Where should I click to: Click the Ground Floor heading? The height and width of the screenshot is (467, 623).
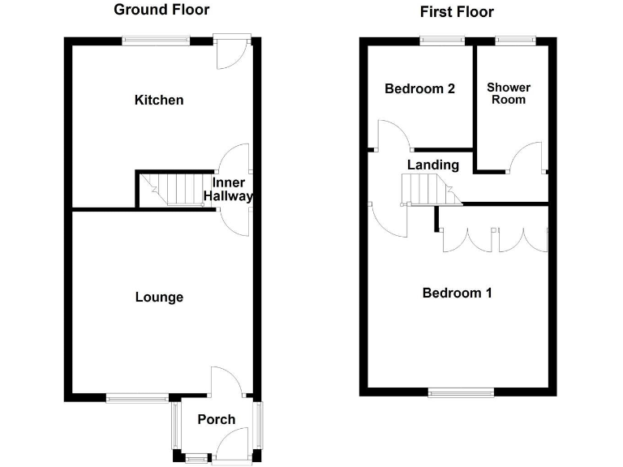(x=161, y=10)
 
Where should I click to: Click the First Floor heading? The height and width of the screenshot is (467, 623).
(x=456, y=11)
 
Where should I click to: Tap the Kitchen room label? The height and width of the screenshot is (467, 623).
(x=159, y=100)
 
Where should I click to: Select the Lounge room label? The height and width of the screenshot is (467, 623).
(x=159, y=297)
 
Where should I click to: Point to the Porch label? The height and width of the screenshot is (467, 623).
(x=217, y=419)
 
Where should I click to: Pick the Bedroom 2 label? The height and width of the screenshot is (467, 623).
(x=419, y=88)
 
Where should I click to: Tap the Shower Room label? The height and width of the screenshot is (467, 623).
(x=509, y=93)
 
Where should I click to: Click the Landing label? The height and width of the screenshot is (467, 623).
(x=433, y=165)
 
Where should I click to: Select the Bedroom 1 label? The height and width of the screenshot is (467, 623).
(x=458, y=293)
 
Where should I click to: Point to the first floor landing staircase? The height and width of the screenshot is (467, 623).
(x=428, y=191)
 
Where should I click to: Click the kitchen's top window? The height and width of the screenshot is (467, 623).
(x=157, y=40)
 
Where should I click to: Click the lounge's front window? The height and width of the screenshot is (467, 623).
(x=137, y=397)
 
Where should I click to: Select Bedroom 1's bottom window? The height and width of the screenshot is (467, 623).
(x=461, y=393)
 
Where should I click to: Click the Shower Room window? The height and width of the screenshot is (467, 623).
(x=516, y=40)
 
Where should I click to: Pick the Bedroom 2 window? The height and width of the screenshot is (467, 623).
(x=443, y=40)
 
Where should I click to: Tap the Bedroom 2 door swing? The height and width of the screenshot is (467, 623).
(x=393, y=135)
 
